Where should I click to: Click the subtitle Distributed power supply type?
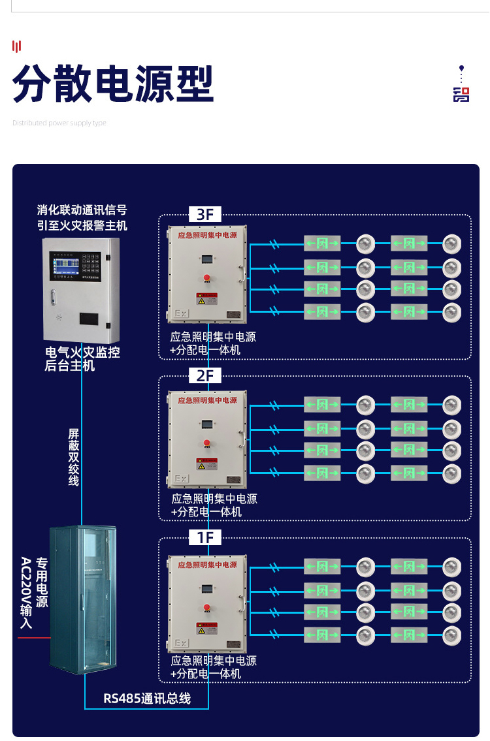(x=59, y=123)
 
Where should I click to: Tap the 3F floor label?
(x=204, y=214)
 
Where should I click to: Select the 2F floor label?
(x=204, y=375)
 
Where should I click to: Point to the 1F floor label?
(x=204, y=537)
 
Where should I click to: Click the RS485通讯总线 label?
(x=147, y=698)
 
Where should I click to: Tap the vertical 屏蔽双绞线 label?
(x=74, y=457)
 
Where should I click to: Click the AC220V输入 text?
(x=26, y=593)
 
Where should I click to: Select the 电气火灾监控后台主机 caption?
(x=82, y=359)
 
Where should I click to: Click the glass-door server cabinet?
(x=84, y=599)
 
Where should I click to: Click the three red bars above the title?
(x=17, y=46)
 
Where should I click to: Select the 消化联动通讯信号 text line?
(x=82, y=210)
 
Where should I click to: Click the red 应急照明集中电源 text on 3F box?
(x=207, y=234)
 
